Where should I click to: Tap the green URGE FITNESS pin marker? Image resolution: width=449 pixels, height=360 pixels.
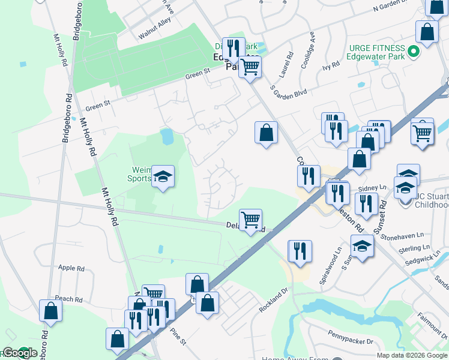point(413,53)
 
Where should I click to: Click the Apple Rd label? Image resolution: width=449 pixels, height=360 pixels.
point(70,268)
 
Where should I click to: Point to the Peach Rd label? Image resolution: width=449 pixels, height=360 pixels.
point(68,299)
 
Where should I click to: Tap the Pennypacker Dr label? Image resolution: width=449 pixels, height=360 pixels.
point(351,336)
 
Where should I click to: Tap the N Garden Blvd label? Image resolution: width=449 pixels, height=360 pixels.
point(398,6)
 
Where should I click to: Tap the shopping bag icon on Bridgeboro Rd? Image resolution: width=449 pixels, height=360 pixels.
point(50,311)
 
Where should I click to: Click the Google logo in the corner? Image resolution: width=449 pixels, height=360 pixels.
point(20,353)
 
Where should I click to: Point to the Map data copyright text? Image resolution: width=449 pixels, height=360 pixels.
point(412,355)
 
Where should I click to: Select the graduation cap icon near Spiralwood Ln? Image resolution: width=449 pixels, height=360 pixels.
point(362,246)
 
